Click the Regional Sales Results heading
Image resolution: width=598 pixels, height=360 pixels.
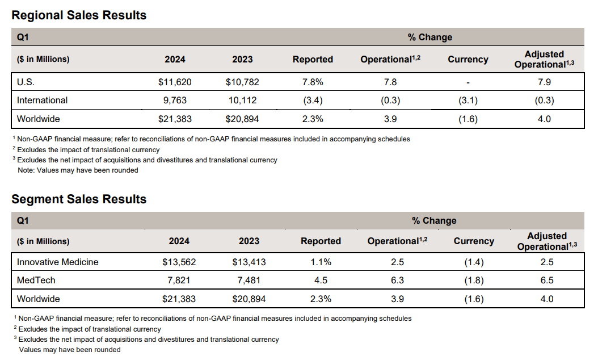[79, 15]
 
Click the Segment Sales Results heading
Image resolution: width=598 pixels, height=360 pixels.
[79, 199]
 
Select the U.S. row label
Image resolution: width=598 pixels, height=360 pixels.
[26, 82]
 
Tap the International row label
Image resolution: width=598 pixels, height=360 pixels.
[43, 101]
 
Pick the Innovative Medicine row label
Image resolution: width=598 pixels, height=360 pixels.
[58, 262]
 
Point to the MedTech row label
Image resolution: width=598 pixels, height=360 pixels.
[36, 281]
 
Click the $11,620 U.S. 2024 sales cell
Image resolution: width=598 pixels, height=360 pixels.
[175, 82]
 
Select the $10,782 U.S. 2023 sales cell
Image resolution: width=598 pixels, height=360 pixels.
[243, 82]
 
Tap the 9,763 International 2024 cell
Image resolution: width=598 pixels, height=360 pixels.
[175, 101]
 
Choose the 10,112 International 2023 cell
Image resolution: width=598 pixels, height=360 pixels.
[243, 101]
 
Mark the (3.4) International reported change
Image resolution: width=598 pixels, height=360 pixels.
[313, 101]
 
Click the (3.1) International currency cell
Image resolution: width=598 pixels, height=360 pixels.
[468, 101]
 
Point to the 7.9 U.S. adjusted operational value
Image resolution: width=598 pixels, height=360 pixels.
[544, 82]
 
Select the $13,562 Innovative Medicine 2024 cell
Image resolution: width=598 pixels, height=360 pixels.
[179, 262]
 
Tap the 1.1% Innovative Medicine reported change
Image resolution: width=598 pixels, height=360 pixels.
[321, 262]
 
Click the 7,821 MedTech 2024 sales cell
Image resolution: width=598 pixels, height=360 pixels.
[179, 281]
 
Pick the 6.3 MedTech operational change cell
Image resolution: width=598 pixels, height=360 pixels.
[397, 281]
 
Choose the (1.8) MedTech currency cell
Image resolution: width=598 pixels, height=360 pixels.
[474, 281]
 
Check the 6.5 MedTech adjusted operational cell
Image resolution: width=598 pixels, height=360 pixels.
[547, 281]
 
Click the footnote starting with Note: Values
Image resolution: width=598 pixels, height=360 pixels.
[78, 170]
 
